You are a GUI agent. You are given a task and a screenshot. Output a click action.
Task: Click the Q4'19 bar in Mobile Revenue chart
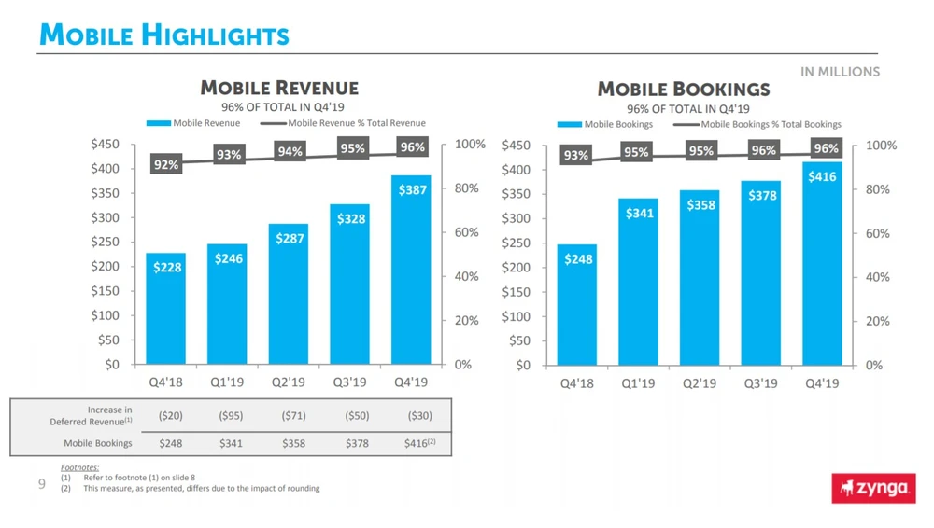pyautogui.click(x=411, y=270)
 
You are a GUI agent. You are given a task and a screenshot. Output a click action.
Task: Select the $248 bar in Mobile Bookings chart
pyautogui.click(x=577, y=304)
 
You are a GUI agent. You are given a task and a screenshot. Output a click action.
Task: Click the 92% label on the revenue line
pyautogui.click(x=166, y=165)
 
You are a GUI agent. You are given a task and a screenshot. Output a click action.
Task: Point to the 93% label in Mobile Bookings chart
pyautogui.click(x=576, y=156)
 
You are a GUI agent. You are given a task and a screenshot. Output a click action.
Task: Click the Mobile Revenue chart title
pyautogui.click(x=279, y=89)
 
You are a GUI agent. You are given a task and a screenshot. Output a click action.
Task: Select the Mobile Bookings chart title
pyautogui.click(x=683, y=90)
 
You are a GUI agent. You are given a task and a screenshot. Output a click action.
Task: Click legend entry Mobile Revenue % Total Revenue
pyautogui.click(x=356, y=123)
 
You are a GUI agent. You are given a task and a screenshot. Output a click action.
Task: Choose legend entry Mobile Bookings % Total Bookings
pyautogui.click(x=770, y=124)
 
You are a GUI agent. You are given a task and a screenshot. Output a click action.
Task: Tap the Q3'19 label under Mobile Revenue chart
pyautogui.click(x=349, y=382)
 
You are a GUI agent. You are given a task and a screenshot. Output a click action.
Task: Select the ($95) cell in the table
pyautogui.click(x=231, y=415)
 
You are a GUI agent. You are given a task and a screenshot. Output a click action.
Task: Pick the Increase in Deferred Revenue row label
pyautogui.click(x=91, y=415)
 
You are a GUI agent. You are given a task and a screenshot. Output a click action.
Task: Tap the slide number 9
pyautogui.click(x=42, y=483)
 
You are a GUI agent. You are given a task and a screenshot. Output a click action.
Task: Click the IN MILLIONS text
pyautogui.click(x=840, y=72)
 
